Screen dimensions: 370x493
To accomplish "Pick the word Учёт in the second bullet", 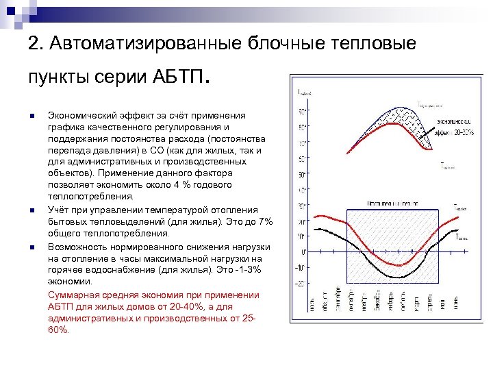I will coord(58,209).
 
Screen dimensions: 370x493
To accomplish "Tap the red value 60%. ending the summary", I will coord(59,330).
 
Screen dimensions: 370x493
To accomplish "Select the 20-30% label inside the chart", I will coord(463,133).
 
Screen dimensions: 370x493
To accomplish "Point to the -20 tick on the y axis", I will coord(300,283).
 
